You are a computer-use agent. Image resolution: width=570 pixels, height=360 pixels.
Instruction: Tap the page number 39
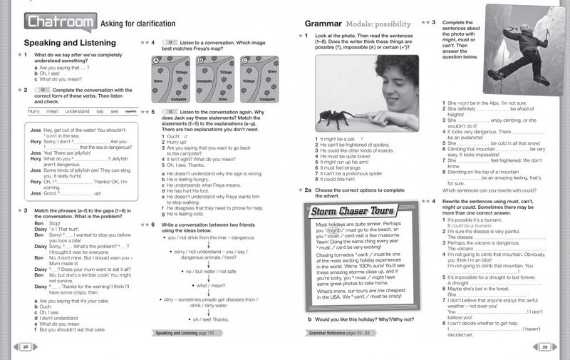tap(544, 346)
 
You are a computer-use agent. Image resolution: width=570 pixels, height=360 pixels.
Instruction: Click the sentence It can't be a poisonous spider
tap(353, 173)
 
